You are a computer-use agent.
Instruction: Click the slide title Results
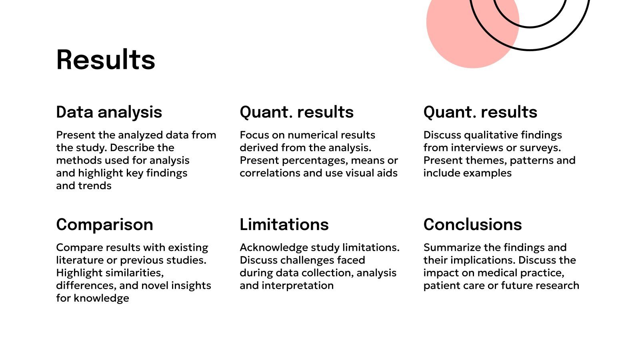106,60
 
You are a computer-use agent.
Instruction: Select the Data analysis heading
109,112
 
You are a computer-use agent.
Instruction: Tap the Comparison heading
104,224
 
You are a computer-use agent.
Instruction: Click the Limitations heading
284,224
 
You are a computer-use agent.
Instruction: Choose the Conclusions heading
472,224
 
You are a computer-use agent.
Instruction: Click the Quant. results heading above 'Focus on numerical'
296,112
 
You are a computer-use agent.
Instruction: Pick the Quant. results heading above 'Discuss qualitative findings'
480,112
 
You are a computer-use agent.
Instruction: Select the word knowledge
102,298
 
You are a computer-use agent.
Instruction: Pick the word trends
95,186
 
